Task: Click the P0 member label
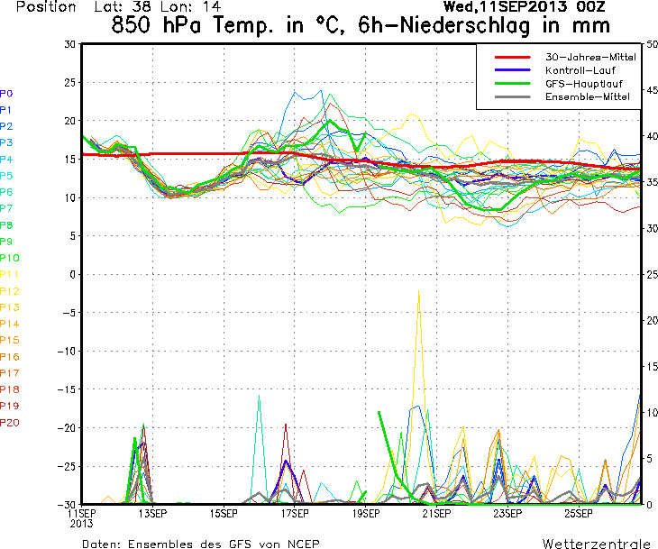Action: (x=7, y=94)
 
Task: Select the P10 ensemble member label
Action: (x=10, y=258)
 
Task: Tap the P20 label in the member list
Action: (x=10, y=422)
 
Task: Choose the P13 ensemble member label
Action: (x=10, y=307)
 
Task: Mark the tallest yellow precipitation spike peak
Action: (x=418, y=290)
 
